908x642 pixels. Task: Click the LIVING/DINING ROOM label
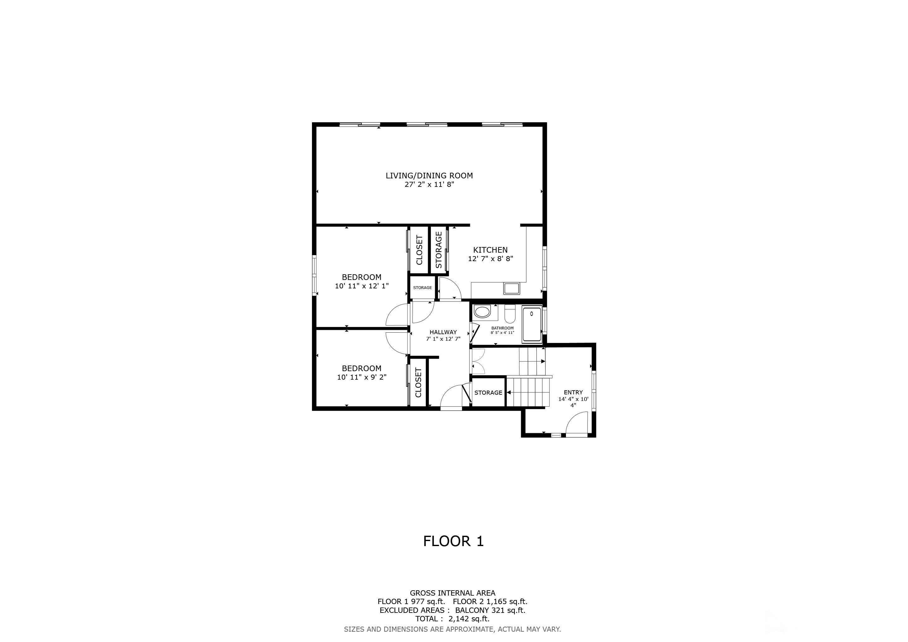point(429,176)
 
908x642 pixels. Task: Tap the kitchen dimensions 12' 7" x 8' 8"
point(490,259)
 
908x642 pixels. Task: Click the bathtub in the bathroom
point(532,324)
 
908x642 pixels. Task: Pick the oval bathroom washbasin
point(482,312)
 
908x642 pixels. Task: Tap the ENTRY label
point(573,392)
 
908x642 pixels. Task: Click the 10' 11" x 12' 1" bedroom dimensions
point(362,286)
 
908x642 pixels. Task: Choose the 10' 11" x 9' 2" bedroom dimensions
point(362,377)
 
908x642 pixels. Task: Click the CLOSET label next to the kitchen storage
point(419,250)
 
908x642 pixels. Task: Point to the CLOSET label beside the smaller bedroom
point(418,383)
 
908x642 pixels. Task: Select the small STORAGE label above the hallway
point(422,288)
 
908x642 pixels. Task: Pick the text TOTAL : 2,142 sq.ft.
point(452,619)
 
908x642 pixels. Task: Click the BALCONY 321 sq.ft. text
point(490,610)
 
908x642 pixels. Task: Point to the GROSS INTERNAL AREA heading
point(452,593)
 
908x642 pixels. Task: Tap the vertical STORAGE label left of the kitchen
point(438,250)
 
